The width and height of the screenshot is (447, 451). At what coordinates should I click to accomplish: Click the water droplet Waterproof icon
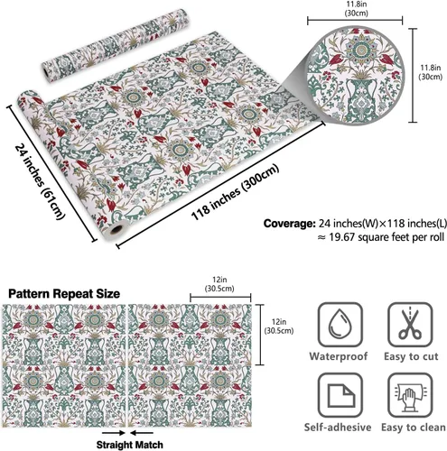click(340, 325)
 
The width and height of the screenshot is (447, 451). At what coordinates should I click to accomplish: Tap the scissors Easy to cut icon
click(410, 325)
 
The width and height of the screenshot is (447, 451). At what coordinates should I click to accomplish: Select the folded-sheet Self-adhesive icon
click(340, 395)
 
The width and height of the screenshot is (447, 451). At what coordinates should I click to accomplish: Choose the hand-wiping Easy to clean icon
click(410, 395)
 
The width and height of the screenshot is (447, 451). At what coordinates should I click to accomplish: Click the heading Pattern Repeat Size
click(64, 294)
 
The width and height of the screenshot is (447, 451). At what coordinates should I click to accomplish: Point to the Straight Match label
click(130, 445)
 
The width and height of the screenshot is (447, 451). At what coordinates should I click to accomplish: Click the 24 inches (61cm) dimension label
click(40, 181)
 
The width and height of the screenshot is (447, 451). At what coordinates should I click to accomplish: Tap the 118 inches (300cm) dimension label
click(235, 192)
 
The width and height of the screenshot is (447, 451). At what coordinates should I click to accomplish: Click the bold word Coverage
click(289, 224)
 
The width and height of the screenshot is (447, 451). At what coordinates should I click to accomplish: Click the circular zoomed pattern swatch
click(356, 77)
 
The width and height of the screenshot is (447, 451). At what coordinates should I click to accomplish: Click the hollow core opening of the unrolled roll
click(116, 230)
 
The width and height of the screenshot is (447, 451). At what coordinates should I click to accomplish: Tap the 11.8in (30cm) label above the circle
click(357, 9)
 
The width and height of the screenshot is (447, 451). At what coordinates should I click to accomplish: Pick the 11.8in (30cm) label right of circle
click(431, 72)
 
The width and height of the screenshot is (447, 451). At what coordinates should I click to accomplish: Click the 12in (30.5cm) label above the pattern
click(219, 284)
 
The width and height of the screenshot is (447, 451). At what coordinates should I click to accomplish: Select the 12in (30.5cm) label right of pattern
click(279, 327)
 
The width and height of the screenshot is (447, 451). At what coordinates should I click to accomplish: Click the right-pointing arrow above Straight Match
click(114, 433)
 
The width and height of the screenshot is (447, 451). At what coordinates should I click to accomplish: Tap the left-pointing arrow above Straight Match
click(142, 433)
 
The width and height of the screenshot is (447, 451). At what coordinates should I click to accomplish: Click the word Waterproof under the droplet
click(339, 356)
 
